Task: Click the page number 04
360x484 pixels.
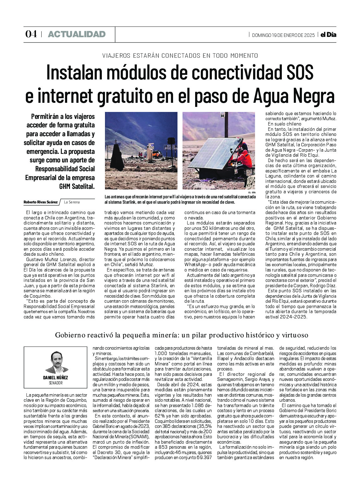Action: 31,34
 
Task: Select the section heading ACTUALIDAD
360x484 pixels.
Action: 77,34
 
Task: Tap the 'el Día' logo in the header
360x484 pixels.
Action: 328,35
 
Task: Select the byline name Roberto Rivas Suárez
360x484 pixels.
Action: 41,202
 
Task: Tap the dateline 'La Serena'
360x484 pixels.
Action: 72,202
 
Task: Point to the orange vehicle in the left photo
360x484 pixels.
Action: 157,154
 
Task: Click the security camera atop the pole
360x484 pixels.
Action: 223,116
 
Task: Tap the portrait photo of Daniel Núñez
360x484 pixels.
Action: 55,362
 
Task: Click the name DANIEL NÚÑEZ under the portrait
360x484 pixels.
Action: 55,378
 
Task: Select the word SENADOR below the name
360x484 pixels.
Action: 55,383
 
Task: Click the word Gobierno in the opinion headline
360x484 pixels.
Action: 68,335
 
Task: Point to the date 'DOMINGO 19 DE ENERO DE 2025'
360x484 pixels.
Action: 283,35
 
